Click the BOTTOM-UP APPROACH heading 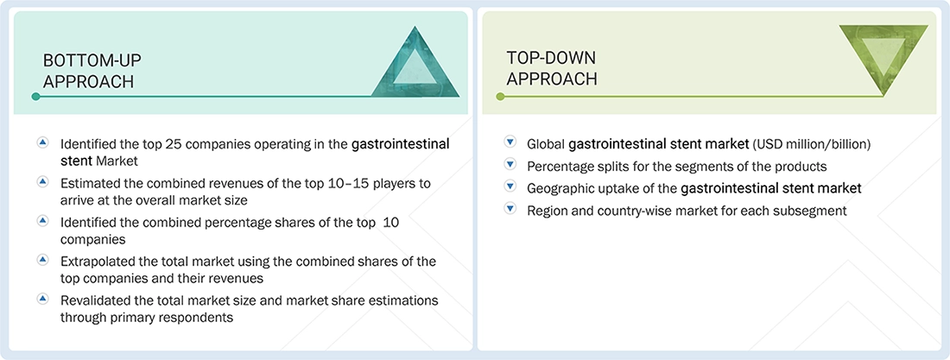point(92,71)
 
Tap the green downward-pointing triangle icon point(883,57)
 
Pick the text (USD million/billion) point(812,144)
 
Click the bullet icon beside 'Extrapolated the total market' point(43,259)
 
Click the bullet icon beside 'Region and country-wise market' point(510,210)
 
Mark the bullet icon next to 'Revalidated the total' point(43,299)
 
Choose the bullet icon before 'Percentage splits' point(510,166)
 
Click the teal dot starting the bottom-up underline point(35,97)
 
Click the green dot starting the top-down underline point(499,97)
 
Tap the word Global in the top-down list point(546,144)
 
